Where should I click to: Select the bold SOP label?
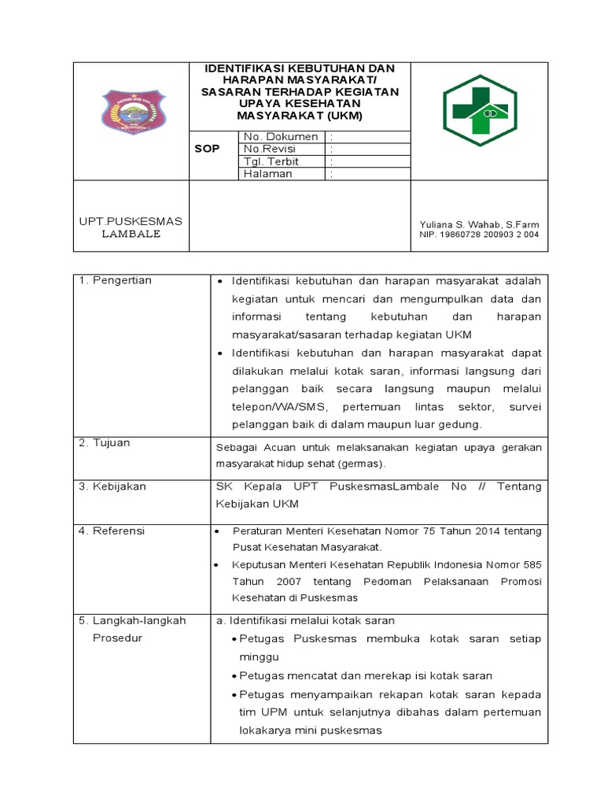(x=208, y=149)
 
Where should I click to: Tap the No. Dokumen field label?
(x=281, y=137)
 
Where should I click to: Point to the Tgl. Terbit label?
(x=271, y=161)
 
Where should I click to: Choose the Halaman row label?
(x=268, y=174)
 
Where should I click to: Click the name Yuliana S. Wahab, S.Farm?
(x=480, y=224)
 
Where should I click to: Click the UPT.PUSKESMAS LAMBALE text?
(x=131, y=227)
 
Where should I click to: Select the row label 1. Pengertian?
(x=115, y=280)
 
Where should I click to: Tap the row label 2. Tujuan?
(x=105, y=443)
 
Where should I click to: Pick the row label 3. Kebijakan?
(x=112, y=486)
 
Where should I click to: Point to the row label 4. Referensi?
(x=112, y=531)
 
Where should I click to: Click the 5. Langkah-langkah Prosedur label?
(x=132, y=629)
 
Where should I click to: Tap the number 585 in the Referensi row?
(x=532, y=564)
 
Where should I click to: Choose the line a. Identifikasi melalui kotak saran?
(x=305, y=620)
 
